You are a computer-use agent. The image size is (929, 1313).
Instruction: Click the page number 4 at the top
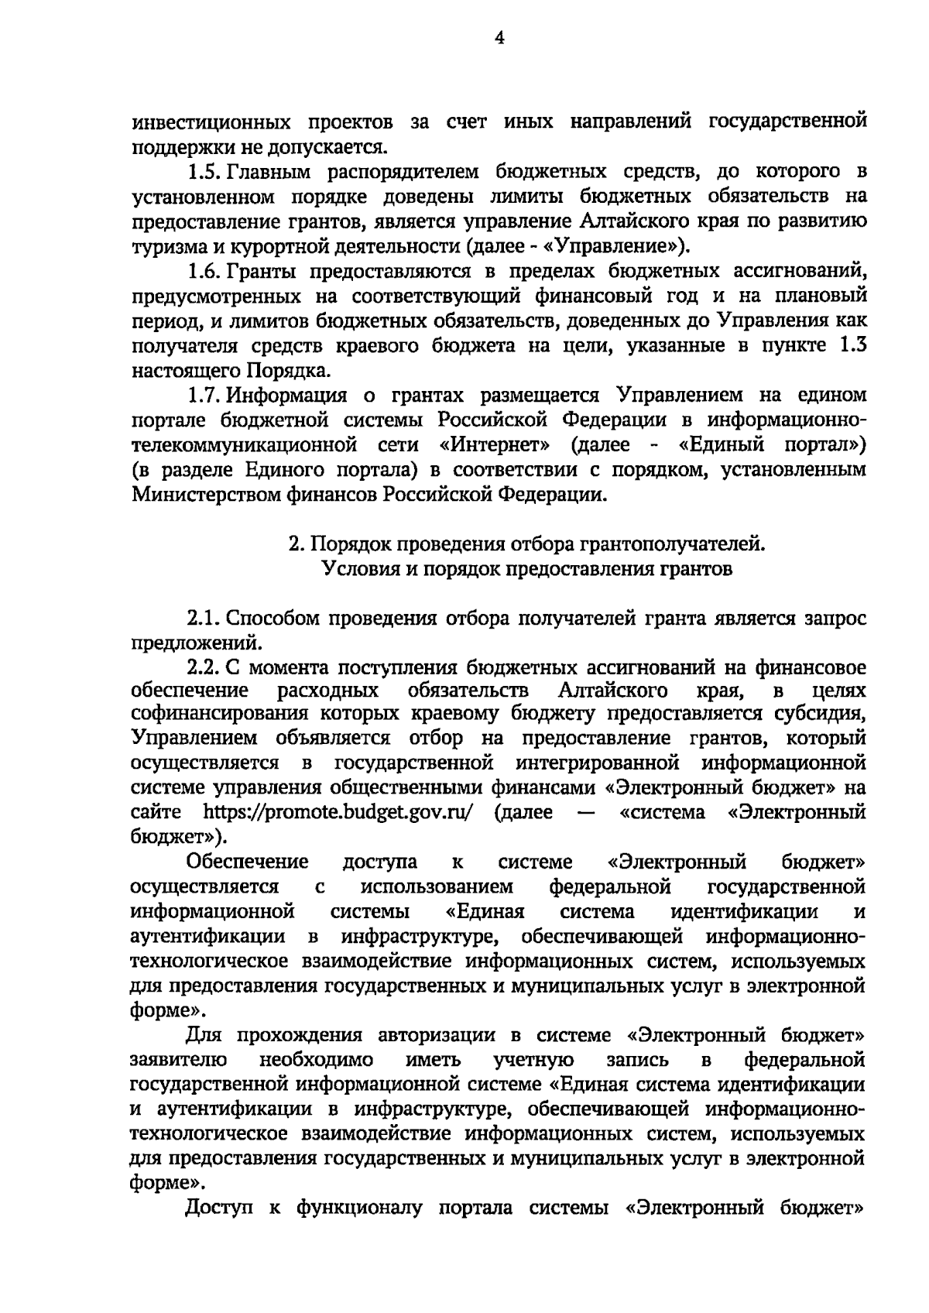click(x=499, y=38)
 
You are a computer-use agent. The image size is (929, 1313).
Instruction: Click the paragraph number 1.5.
click(x=203, y=171)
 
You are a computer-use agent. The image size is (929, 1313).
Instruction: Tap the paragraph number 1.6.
click(x=203, y=271)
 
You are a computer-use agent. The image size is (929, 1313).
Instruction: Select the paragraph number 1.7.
click(x=203, y=396)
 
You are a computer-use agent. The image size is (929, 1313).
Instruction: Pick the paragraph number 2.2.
click(x=203, y=667)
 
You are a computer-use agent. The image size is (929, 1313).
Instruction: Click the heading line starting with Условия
click(x=526, y=570)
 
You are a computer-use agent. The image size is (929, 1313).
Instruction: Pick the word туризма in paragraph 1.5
click(x=168, y=246)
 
